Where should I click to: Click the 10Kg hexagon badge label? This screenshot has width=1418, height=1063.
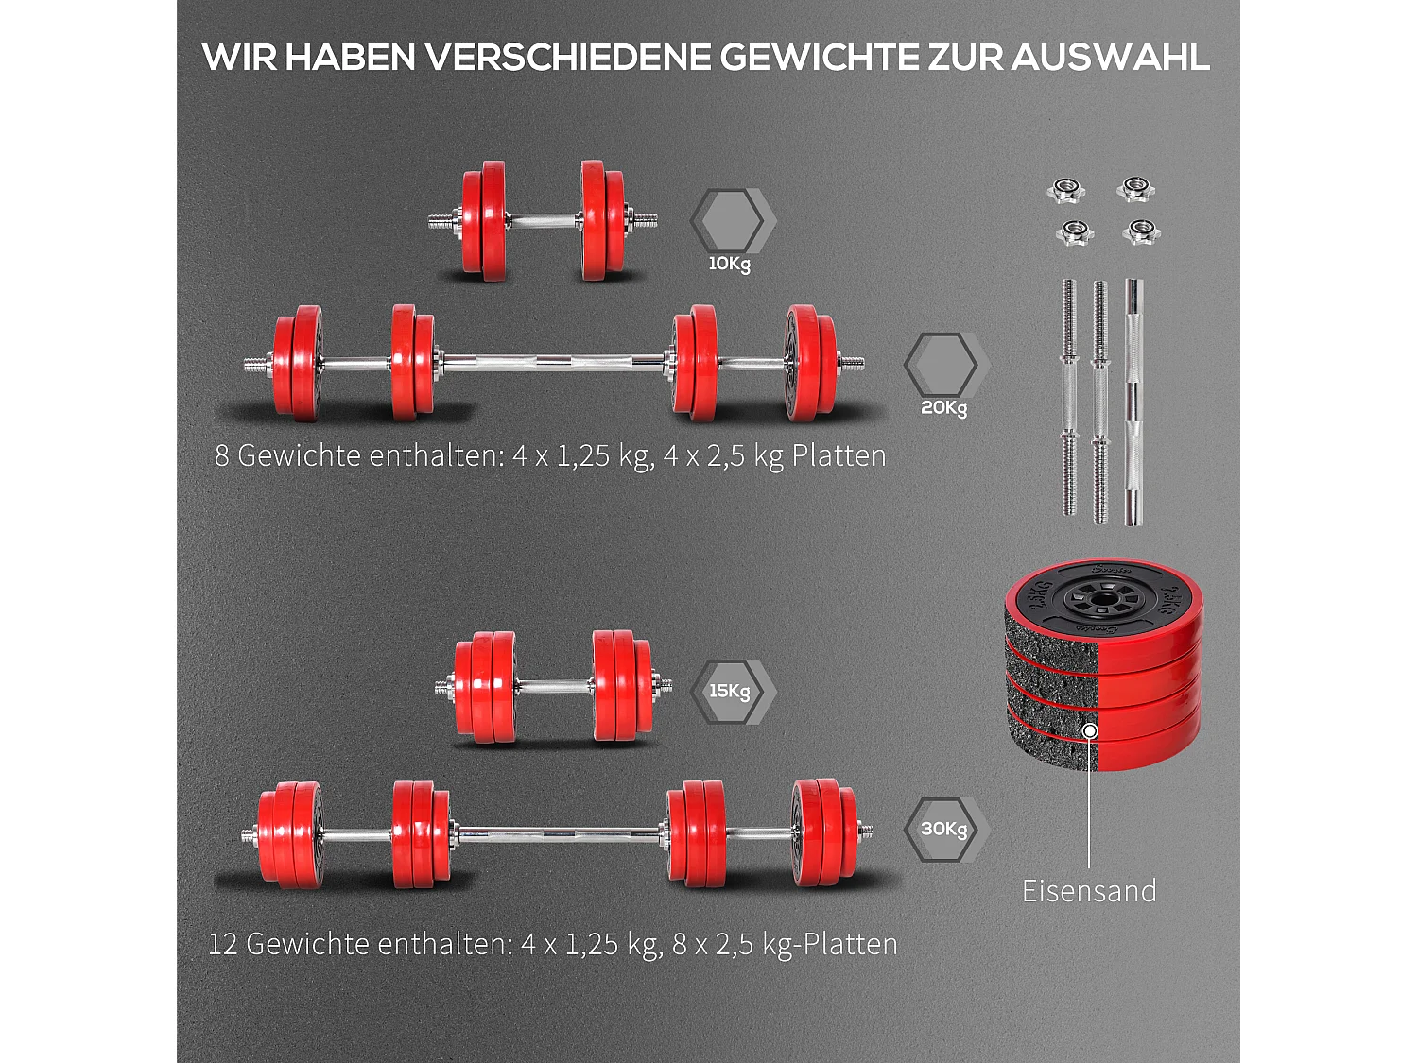(729, 264)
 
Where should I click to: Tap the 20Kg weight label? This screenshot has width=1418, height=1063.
(943, 407)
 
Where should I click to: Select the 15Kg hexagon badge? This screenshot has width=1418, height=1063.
(730, 692)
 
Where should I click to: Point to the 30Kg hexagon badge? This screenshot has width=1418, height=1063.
(943, 829)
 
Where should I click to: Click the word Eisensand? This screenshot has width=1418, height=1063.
(1089, 891)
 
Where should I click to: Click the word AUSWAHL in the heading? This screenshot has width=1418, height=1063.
(1110, 58)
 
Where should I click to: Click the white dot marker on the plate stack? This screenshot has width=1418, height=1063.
(1090, 730)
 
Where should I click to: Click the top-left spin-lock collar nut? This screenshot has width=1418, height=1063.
(1066, 189)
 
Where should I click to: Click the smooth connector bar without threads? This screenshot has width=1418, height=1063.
(1133, 402)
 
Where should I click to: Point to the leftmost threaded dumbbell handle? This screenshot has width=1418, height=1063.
(1069, 397)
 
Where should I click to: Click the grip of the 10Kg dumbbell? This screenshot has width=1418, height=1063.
(544, 221)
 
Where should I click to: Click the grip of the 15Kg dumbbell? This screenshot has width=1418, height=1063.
(554, 686)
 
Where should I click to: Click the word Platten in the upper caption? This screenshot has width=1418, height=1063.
(839, 455)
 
